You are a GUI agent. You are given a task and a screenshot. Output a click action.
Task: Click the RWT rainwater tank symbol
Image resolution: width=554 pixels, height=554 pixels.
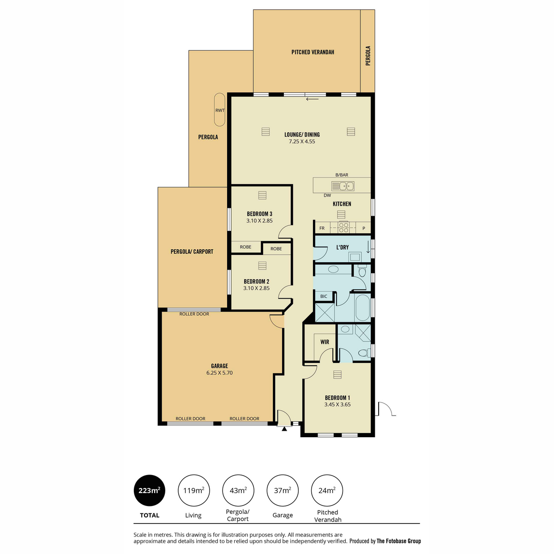click(220, 109)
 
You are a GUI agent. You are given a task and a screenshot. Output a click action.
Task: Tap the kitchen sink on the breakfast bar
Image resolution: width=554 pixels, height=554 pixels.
click(343, 186)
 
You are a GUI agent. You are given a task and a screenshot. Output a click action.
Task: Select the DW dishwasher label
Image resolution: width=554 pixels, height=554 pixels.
click(327, 195)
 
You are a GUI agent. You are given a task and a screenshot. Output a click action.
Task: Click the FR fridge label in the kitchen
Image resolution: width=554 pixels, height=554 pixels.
click(322, 228)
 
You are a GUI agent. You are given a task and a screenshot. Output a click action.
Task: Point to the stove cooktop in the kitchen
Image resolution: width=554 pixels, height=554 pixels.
click(343, 228)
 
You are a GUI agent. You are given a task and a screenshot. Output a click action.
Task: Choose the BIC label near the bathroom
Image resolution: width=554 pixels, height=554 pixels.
click(324, 296)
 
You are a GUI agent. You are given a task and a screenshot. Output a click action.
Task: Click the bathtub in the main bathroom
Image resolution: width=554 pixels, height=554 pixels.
click(362, 307)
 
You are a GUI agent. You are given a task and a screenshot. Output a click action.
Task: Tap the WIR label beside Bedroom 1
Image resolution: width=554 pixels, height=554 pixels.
click(325, 342)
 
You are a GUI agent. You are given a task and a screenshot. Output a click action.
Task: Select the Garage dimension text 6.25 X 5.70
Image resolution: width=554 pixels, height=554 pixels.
click(219, 373)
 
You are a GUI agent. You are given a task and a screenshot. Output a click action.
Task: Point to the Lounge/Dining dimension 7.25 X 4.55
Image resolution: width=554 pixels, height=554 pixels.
click(302, 141)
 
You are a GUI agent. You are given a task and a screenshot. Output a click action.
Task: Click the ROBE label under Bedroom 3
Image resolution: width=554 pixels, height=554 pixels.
click(246, 247)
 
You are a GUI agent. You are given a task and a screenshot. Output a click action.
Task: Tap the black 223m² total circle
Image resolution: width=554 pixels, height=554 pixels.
click(150, 490)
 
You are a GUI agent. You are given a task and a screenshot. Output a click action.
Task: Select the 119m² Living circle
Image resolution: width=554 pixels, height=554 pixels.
click(194, 490)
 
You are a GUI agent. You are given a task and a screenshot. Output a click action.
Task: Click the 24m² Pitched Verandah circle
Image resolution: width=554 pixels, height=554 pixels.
click(327, 490)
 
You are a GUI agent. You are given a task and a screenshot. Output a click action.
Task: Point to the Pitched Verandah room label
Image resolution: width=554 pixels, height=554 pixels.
click(313, 52)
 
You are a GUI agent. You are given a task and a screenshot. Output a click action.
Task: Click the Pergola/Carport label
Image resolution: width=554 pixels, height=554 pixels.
click(192, 252)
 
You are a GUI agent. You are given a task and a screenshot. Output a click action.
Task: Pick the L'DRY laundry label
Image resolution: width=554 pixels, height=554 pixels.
click(343, 247)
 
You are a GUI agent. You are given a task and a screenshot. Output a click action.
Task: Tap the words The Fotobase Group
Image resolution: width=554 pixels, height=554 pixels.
click(399, 541)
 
